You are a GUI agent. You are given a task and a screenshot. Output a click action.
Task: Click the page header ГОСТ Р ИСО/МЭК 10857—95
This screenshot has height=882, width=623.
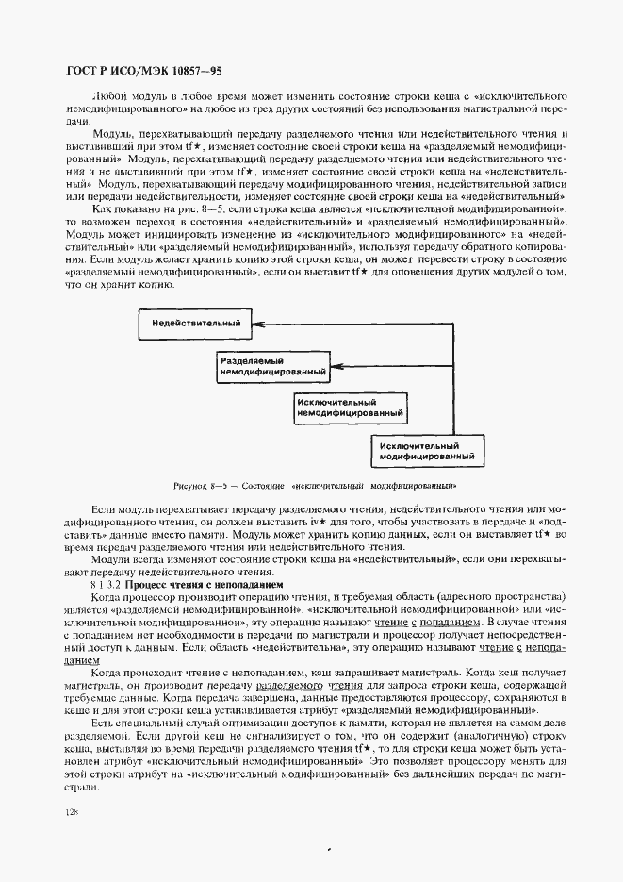(145, 71)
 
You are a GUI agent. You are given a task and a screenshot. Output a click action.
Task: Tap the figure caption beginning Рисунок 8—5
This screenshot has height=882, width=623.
(315, 486)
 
